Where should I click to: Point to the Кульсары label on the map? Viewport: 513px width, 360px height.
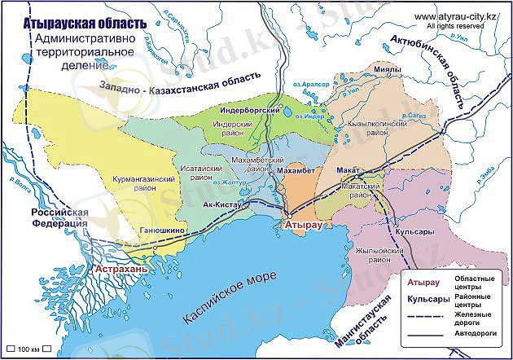[x=412, y=233]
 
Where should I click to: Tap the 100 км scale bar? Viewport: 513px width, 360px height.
[x=27, y=349]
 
